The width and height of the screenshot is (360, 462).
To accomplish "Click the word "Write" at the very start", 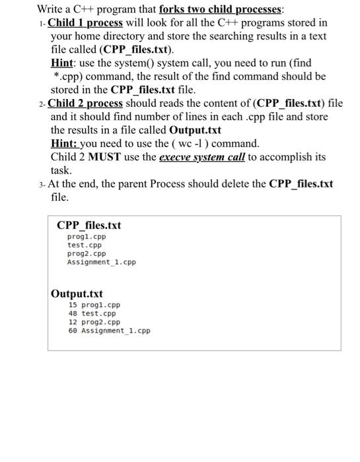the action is (x=51, y=9).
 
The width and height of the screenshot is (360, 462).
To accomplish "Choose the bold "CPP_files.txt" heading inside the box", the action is (x=89, y=226).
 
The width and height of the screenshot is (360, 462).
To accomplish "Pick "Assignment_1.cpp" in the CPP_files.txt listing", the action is (x=101, y=262).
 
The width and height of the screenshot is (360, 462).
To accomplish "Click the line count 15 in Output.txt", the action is (x=73, y=306).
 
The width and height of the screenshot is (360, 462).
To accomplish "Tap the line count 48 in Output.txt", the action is (x=73, y=314).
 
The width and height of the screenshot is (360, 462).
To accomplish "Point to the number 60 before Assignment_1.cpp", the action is (x=73, y=331).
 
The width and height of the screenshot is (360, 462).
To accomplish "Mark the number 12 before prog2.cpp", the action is (x=73, y=322).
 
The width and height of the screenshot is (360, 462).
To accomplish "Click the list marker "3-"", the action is (x=42, y=184).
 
